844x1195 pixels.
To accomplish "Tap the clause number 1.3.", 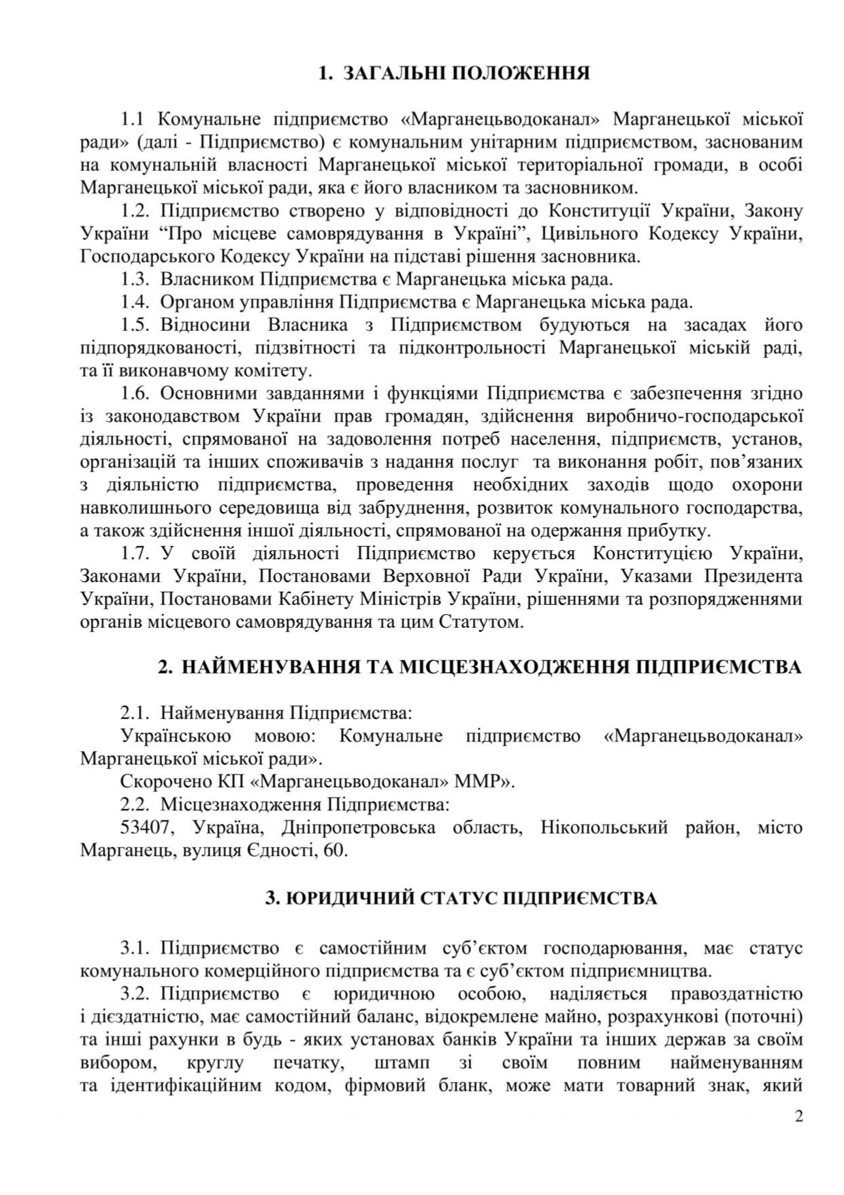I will [x=135, y=279].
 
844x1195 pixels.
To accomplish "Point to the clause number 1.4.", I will [x=135, y=302].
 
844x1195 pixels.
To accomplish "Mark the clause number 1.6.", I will [x=135, y=394].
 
